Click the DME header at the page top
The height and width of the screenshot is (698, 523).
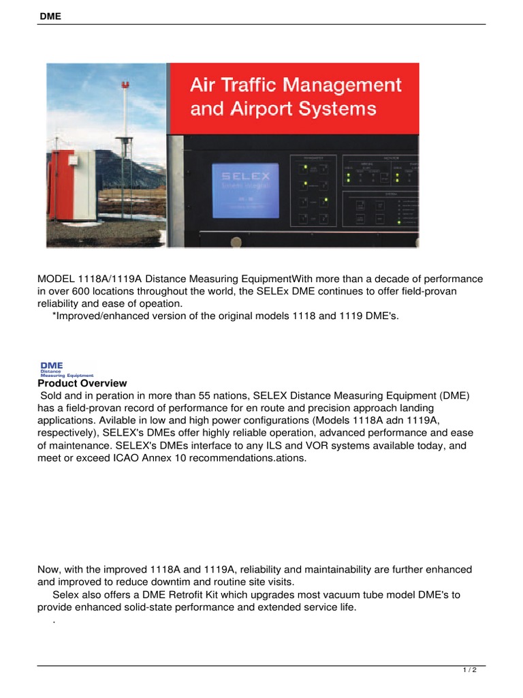(x=49, y=16)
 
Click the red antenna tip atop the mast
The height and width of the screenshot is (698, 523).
(x=124, y=84)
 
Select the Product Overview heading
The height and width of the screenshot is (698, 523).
(x=82, y=384)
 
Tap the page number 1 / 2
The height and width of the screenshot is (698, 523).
(x=470, y=671)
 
